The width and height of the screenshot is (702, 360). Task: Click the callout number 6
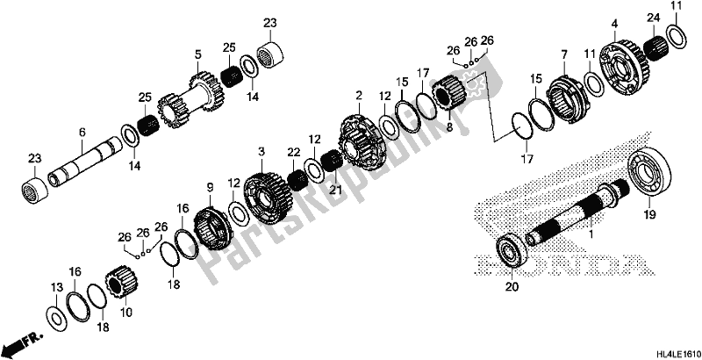(82, 132)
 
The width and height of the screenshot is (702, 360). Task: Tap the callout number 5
(199, 54)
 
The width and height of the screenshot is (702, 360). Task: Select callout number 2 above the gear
(359, 94)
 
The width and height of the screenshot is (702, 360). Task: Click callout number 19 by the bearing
(650, 213)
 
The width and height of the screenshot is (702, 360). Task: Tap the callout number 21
(333, 190)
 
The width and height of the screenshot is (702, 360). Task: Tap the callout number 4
(615, 22)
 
